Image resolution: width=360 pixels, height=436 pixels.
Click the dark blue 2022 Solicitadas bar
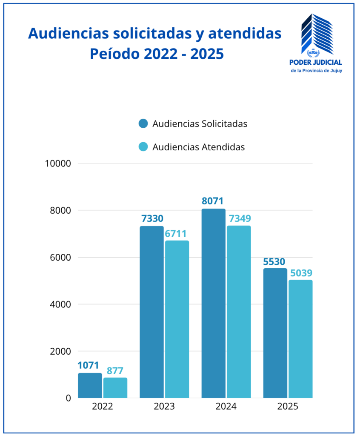pos(90,385)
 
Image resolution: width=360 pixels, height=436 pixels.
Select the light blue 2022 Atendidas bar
pos(115,387)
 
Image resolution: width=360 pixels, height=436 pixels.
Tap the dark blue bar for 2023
pos(151,312)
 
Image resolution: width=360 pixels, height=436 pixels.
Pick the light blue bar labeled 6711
pos(177,319)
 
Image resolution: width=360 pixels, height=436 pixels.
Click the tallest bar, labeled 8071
pos(213,303)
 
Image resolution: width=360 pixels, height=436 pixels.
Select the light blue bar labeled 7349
pos(239,312)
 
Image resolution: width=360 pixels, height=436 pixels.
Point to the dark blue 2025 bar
pos(275,333)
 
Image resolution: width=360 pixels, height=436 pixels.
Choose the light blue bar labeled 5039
pos(300,339)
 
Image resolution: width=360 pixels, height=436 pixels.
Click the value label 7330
pos(151,219)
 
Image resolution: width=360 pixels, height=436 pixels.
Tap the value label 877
pos(115,371)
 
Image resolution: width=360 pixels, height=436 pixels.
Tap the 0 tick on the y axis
pos(68,398)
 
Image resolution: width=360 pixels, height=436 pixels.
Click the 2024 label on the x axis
pos(226,407)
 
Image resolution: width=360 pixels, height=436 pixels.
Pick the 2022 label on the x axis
pos(102,407)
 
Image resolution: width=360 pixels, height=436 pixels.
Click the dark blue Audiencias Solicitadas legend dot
pos(143,124)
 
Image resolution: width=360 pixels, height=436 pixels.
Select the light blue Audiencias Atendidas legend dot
pos(143,147)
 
